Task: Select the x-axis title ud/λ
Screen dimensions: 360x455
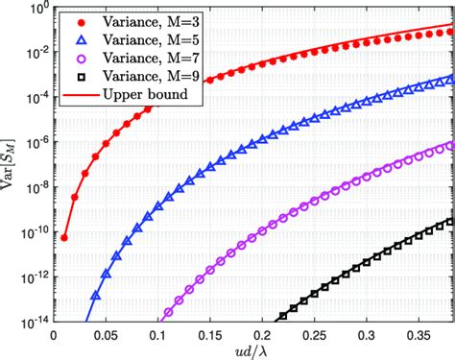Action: (253, 350)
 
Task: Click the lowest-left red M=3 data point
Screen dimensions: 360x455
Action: (64, 237)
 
